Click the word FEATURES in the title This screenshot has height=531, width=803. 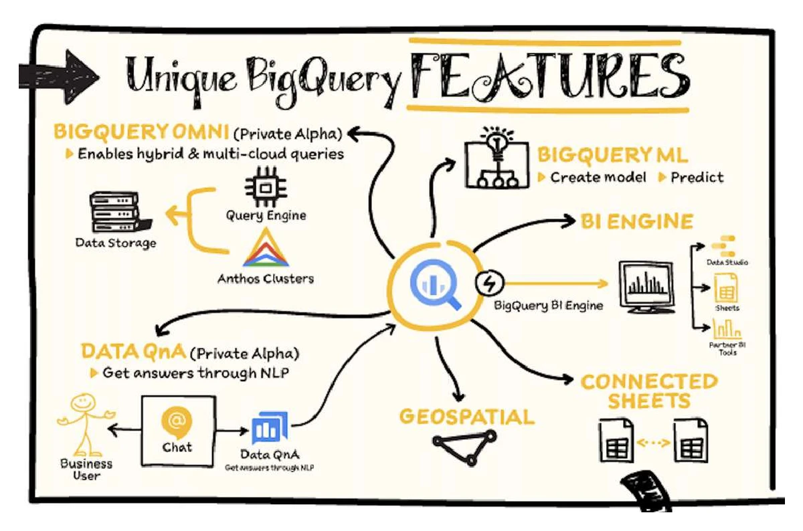click(x=550, y=77)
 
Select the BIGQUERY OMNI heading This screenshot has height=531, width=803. click(x=141, y=132)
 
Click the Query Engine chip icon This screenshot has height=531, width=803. click(x=266, y=187)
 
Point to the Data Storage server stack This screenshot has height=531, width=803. click(x=120, y=213)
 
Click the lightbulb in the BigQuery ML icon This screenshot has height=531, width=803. click(x=497, y=142)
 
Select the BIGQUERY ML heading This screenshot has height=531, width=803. click(x=613, y=156)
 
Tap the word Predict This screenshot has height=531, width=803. click(x=697, y=177)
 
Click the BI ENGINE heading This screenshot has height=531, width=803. click(x=636, y=221)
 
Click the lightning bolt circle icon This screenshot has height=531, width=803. click(x=489, y=283)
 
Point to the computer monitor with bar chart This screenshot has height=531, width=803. click(x=647, y=287)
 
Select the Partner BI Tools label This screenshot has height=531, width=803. click(x=727, y=349)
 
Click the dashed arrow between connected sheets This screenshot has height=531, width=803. click(x=654, y=443)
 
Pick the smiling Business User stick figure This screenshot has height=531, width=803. click(x=85, y=425)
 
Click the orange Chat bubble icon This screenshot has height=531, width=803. click(x=177, y=423)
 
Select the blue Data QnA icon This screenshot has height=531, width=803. click(x=270, y=428)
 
